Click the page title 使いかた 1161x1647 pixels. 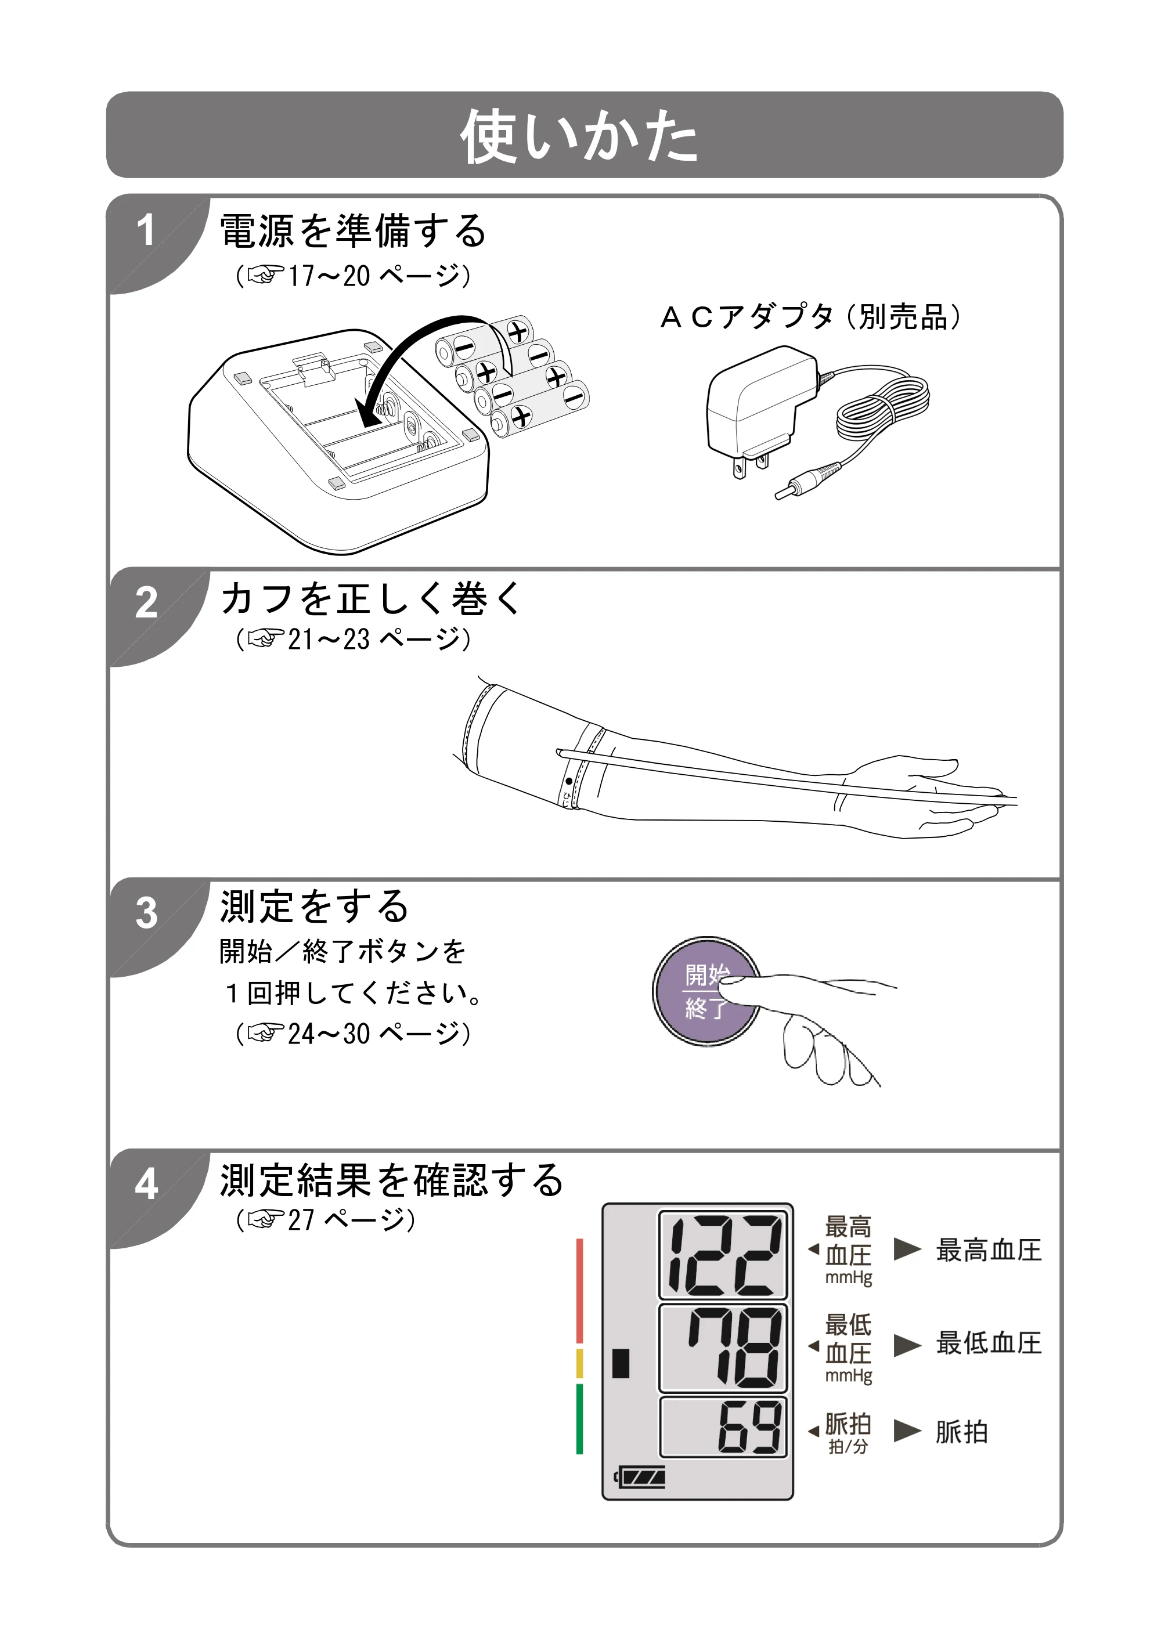click(579, 136)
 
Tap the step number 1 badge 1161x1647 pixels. click(146, 230)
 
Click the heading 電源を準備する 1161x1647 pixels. click(353, 230)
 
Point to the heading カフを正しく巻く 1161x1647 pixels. click(371, 598)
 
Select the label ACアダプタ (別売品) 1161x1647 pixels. click(810, 316)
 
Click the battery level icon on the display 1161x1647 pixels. click(640, 1477)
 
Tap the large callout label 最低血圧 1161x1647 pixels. click(988, 1343)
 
